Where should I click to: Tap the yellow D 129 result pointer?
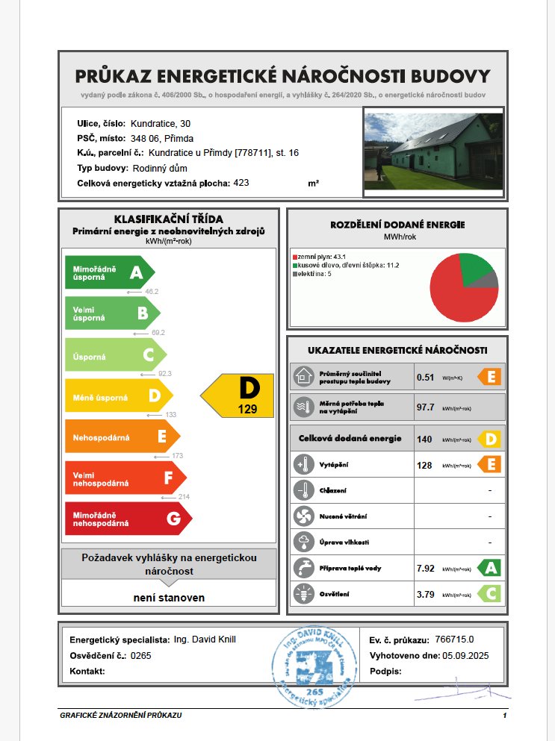click(239, 395)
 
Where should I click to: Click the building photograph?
click(433, 152)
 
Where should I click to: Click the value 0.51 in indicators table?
click(425, 377)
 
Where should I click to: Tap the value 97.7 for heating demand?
click(426, 407)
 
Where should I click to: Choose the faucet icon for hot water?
click(303, 567)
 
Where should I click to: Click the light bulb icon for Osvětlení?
click(303, 595)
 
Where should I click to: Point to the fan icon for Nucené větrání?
click(303, 516)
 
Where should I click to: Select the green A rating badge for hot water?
click(489, 568)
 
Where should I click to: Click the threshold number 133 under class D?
click(170, 414)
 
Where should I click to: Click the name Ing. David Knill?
click(205, 640)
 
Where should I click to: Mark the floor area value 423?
click(241, 182)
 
